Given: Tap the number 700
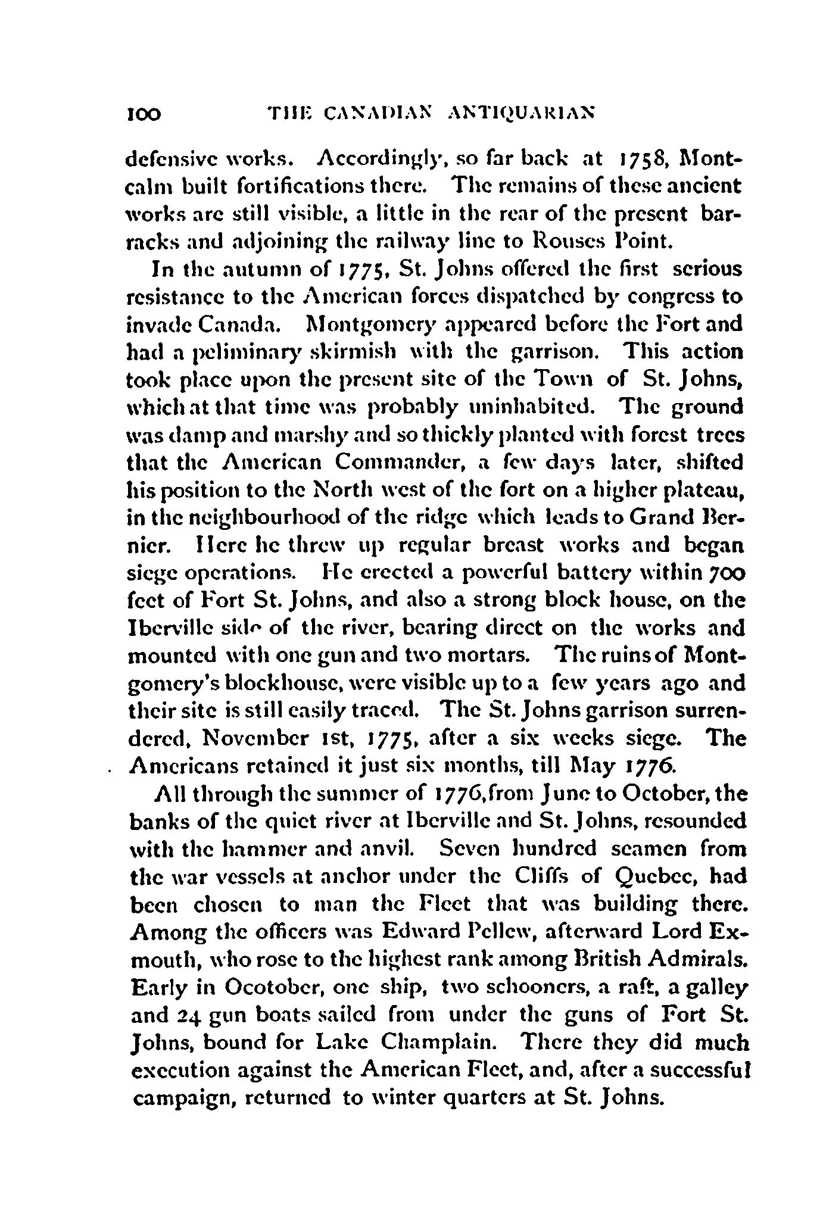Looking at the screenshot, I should [x=724, y=573].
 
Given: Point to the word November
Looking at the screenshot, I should [x=243, y=738].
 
